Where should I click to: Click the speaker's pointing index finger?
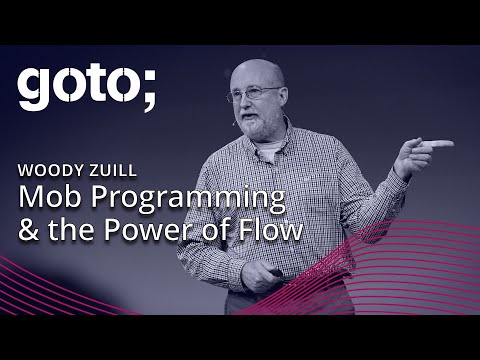[x=440, y=144]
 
